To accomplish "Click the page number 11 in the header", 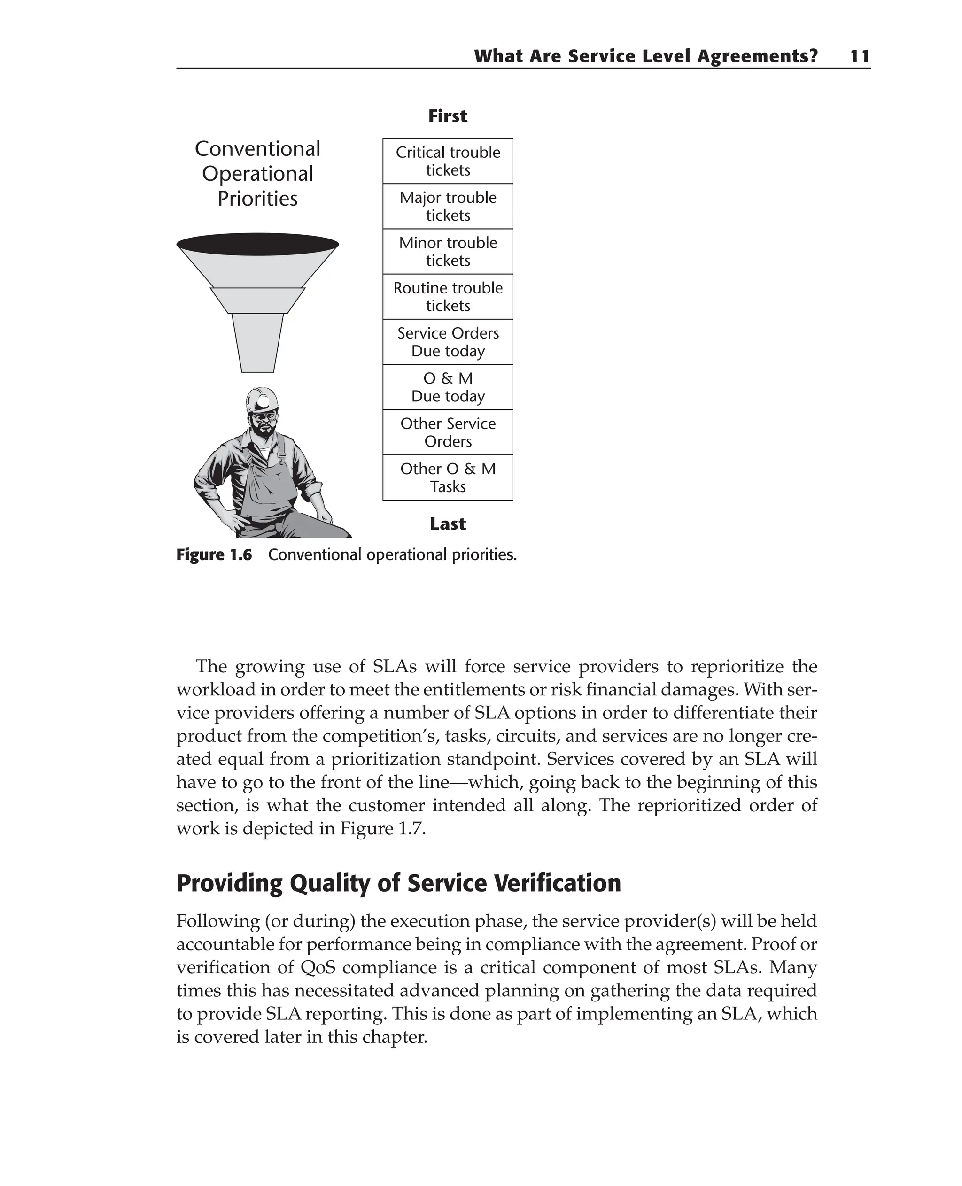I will click(860, 56).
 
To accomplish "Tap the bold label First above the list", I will click(448, 116).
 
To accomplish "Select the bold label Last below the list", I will click(448, 524).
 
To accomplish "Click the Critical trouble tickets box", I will click(448, 161).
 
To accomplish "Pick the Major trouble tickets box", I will click(448, 207).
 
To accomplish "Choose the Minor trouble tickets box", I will click(448, 252).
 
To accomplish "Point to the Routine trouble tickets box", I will click(448, 297).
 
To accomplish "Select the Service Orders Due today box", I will click(448, 342).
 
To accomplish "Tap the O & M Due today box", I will click(448, 387).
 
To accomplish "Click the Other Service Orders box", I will click(448, 432).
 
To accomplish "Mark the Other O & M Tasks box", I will click(448, 477).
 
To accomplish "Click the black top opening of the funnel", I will click(258, 244).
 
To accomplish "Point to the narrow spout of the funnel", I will click(258, 343).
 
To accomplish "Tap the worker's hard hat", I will click(263, 399).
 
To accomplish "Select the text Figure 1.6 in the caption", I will click(214, 555).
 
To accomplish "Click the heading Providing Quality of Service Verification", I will click(398, 883).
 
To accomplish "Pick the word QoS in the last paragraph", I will click(318, 967).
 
